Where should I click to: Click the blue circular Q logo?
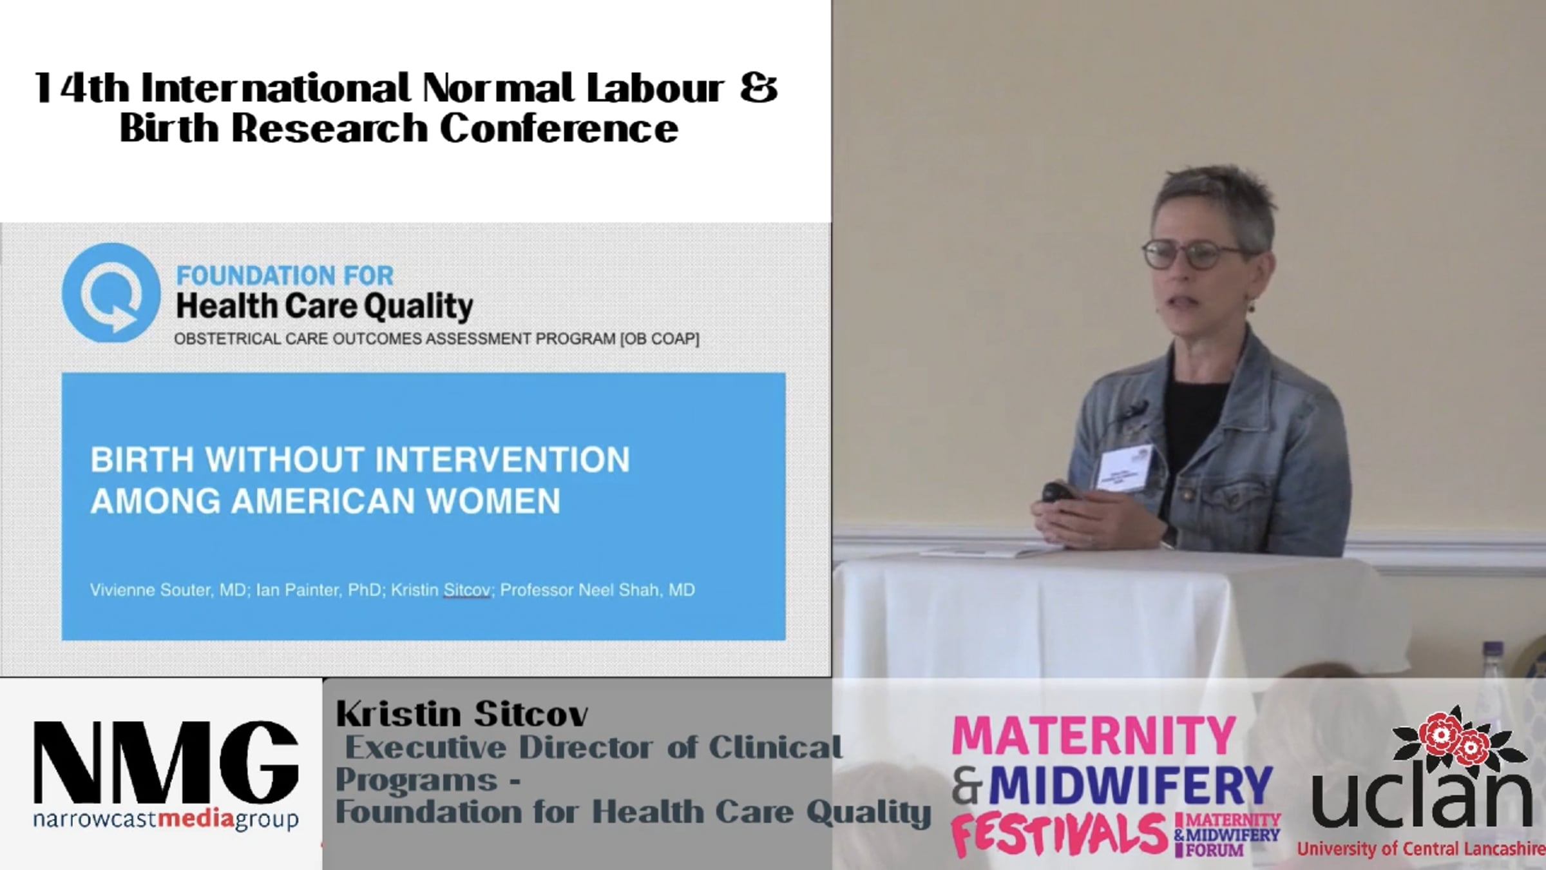tap(111, 293)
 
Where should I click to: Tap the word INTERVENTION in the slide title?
tap(502, 460)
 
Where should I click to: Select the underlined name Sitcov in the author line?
tap(467, 590)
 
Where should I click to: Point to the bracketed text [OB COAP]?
tap(660, 339)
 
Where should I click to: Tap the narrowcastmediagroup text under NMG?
tap(166, 820)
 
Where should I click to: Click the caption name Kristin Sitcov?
tap(462, 714)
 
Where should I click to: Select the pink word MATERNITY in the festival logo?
tap(1094, 737)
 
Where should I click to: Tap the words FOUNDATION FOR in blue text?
tap(285, 276)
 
